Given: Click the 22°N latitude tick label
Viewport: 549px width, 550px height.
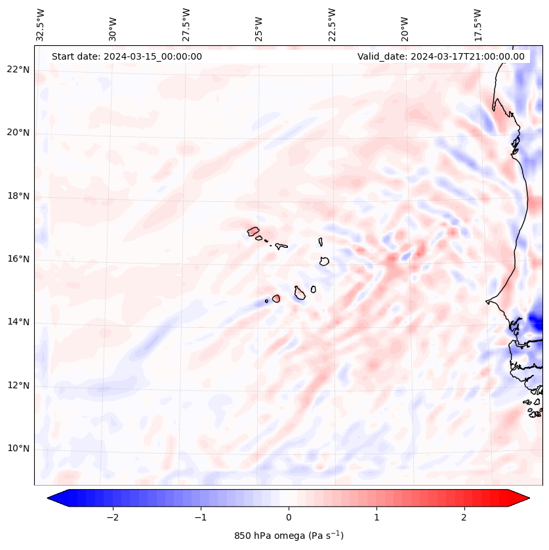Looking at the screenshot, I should point(18,69).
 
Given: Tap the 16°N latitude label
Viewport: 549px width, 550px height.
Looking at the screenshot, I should point(18,259).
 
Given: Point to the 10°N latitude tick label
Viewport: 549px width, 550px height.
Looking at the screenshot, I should point(18,449).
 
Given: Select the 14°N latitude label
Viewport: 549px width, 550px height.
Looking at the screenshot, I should point(18,322).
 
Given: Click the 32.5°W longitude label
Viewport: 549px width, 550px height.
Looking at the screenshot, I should point(41,24).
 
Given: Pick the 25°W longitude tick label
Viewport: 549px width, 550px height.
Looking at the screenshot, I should point(260,24).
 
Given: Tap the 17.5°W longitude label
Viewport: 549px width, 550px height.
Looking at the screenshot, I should point(478,24).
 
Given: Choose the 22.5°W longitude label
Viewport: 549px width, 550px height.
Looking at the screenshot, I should point(332,24).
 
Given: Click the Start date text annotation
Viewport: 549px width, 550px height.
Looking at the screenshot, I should point(127,56).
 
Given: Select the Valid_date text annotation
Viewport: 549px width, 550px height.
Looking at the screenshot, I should point(441,56).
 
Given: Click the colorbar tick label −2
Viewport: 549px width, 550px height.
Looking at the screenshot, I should point(112,517).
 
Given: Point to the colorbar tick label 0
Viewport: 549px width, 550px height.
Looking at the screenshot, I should point(289,517).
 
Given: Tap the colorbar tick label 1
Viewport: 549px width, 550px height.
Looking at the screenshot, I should point(376,517).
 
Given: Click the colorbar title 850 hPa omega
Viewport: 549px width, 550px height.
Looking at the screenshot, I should point(289,536).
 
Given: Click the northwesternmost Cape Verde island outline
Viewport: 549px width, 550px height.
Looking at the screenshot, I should point(253,231).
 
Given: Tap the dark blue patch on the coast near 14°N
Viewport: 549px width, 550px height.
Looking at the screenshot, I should point(537,322).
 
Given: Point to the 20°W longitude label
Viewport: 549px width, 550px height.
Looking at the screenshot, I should point(405,24).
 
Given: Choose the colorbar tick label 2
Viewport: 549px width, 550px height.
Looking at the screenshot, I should point(464,517).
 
